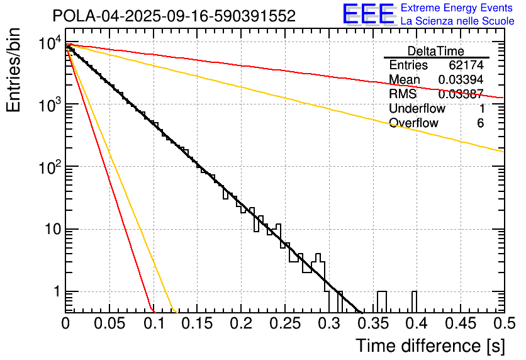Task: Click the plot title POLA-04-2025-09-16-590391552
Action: click(x=174, y=16)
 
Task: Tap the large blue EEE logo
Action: click(x=368, y=15)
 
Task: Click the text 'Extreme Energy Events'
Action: click(x=457, y=8)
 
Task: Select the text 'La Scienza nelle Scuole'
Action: click(x=457, y=21)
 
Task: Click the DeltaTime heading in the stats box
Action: click(x=436, y=51)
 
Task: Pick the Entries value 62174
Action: click(x=466, y=65)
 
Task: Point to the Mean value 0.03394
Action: click(x=461, y=80)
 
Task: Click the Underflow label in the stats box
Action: click(x=417, y=109)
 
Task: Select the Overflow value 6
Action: click(x=480, y=123)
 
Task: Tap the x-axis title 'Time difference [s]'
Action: click(x=430, y=346)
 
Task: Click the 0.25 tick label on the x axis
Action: click(x=285, y=323)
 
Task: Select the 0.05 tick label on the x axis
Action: click(x=109, y=323)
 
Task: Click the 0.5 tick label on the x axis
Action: click(x=503, y=323)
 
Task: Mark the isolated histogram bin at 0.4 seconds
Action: click(x=415, y=301)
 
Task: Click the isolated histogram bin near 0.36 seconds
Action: click(x=382, y=301)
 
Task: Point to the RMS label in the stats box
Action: click(x=403, y=94)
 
